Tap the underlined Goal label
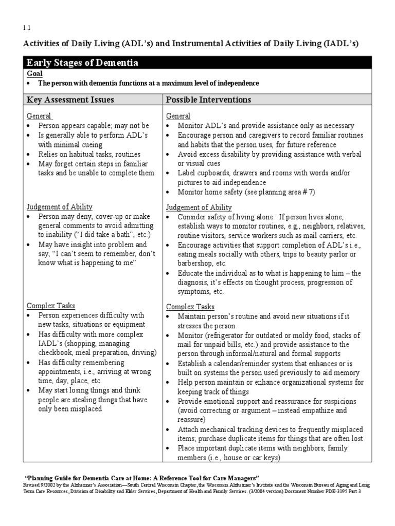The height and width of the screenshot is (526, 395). point(34,74)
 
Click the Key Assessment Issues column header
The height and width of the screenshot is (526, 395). point(70,99)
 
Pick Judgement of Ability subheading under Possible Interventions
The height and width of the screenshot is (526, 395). point(199,208)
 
